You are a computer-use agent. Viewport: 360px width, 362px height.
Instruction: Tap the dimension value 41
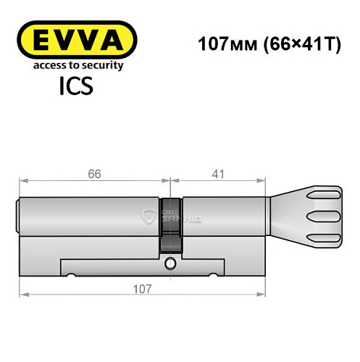(219, 174)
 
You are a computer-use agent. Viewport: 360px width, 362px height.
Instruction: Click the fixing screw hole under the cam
(171, 264)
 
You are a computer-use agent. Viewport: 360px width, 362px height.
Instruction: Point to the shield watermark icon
(150, 214)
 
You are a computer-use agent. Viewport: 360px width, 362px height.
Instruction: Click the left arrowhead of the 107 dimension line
(23, 294)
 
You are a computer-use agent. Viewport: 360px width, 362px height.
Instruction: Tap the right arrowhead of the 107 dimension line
(264, 294)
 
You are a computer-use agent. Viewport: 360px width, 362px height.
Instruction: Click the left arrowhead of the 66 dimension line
(23, 181)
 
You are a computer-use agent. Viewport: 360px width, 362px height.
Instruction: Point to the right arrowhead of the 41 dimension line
(264, 181)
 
